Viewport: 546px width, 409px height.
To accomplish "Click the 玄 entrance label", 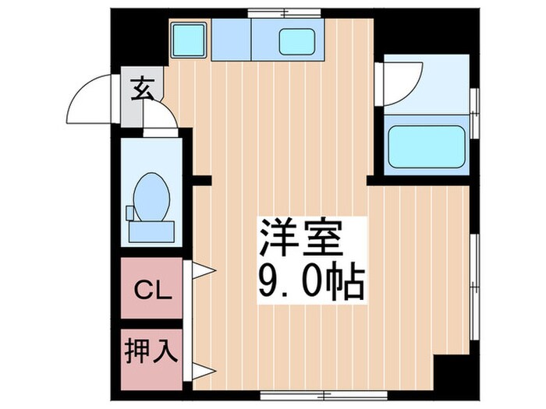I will point(143,91).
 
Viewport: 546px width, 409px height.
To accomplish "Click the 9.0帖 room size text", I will point(310,281).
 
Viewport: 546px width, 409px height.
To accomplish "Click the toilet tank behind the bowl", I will point(151,229).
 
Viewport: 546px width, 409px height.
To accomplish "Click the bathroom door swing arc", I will point(404,81).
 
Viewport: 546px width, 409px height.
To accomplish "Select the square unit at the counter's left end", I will point(189,40).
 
